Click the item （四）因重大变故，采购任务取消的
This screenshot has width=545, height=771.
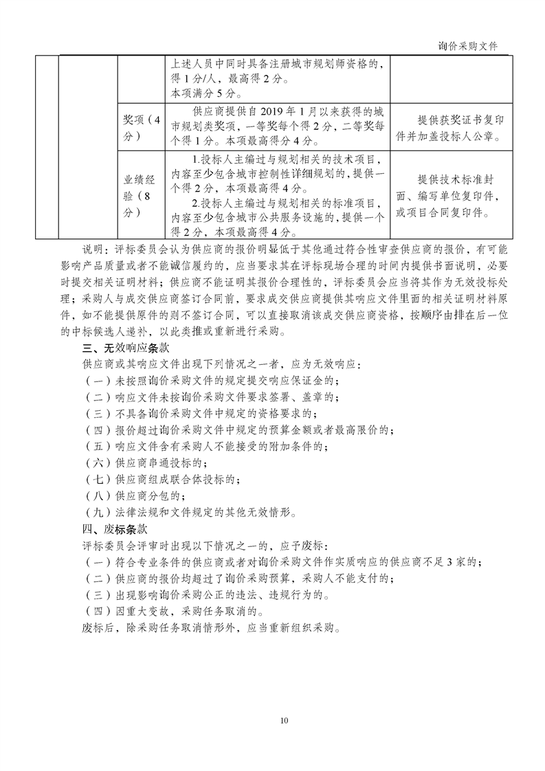pos(176,611)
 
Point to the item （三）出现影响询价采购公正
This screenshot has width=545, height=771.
pos(206,594)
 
